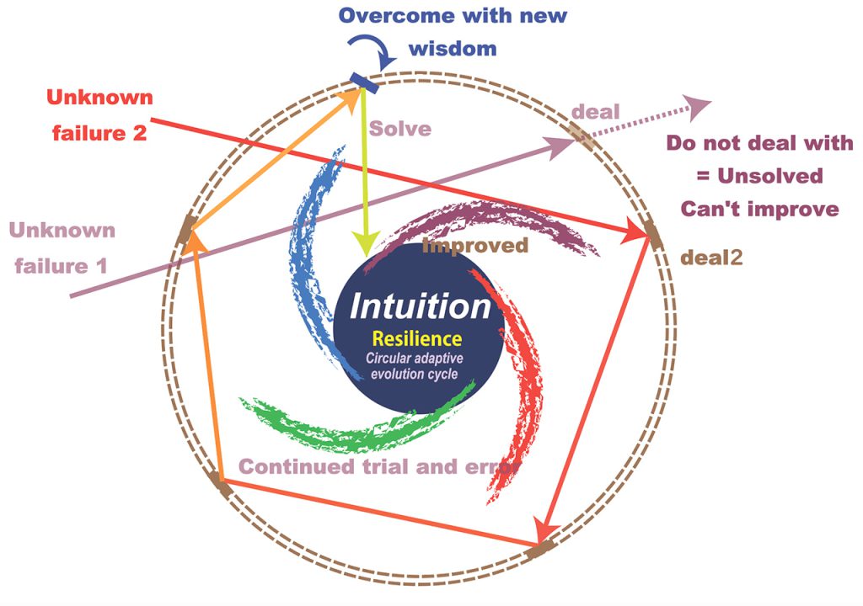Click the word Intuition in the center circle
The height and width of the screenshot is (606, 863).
click(x=420, y=306)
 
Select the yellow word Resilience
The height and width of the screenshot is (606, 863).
click(x=416, y=338)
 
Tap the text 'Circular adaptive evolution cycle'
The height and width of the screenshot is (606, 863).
click(x=415, y=366)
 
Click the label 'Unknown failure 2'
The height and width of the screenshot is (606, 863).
click(x=99, y=115)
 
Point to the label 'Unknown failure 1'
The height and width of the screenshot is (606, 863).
click(x=62, y=248)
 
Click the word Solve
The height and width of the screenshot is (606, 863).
click(x=400, y=129)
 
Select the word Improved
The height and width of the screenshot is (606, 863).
click(x=475, y=245)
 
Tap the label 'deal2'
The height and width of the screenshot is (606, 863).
click(x=711, y=258)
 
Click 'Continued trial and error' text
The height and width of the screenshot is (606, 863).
click(x=380, y=467)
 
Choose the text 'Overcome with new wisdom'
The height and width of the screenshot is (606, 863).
click(x=453, y=32)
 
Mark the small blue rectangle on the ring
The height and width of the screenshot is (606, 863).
click(x=364, y=83)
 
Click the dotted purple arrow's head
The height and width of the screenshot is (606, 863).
click(x=697, y=106)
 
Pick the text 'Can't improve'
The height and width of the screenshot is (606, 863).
click(x=760, y=209)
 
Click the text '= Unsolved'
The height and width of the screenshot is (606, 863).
click(x=759, y=176)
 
